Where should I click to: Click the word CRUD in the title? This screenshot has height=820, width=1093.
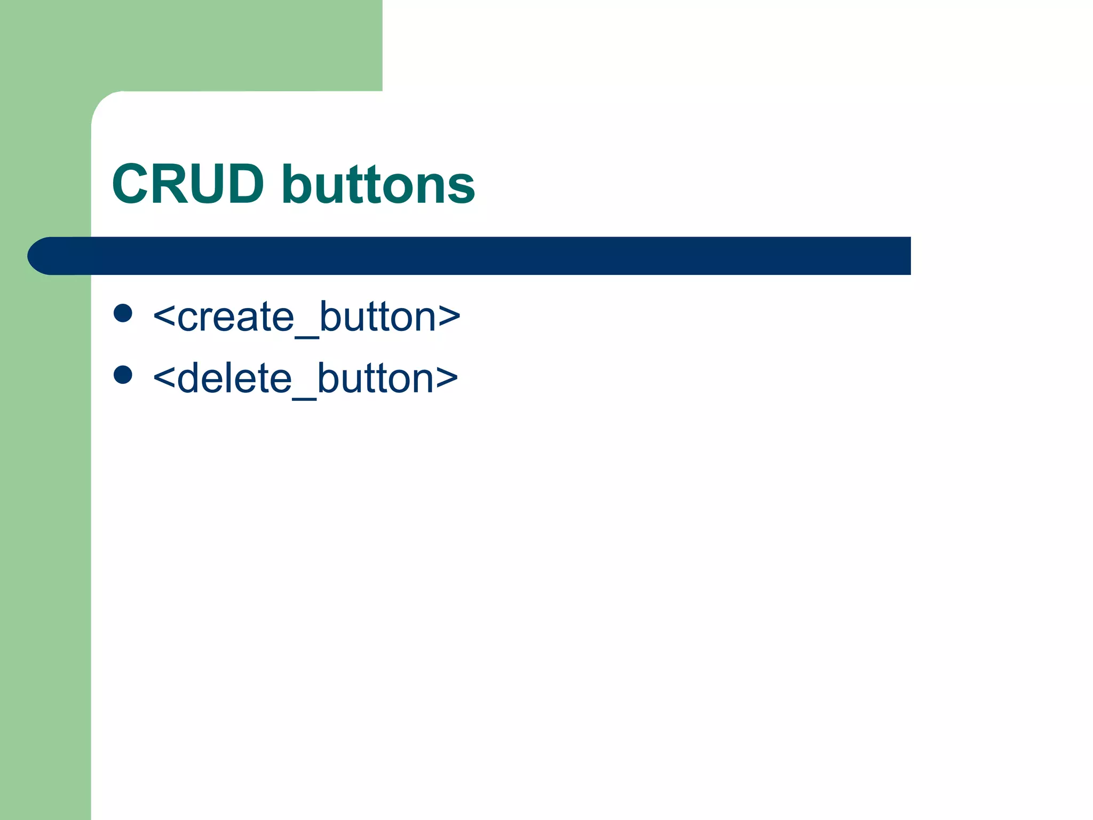click(x=188, y=184)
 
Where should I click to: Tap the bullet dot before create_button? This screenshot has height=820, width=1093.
click(x=123, y=313)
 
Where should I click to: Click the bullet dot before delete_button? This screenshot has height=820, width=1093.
click(x=123, y=375)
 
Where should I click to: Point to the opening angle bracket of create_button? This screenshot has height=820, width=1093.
click(x=164, y=317)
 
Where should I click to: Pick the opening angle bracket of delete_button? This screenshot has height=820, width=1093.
click(x=164, y=379)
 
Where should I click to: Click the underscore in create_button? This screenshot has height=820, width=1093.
click(x=307, y=335)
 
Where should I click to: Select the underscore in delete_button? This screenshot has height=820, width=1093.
click(x=305, y=397)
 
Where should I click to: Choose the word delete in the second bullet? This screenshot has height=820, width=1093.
click(x=234, y=379)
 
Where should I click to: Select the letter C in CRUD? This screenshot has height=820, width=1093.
click(x=130, y=184)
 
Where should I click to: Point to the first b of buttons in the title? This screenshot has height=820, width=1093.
click(x=297, y=184)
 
